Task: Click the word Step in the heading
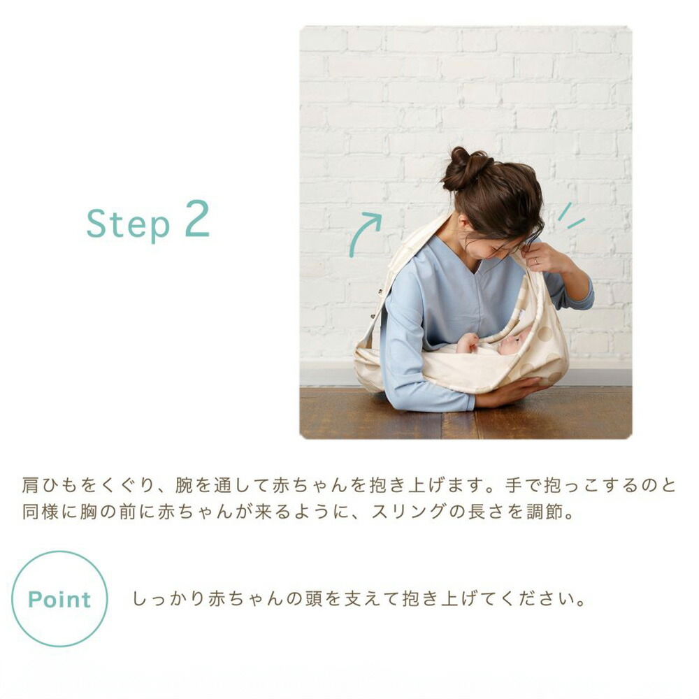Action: pos(128,224)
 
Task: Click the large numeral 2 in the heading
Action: pos(197,219)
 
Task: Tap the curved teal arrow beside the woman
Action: pos(364,233)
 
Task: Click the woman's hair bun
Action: pos(465,168)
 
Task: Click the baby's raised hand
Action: pos(467,342)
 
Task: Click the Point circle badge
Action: pos(59,599)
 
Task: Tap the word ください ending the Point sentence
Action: pos(540,600)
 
